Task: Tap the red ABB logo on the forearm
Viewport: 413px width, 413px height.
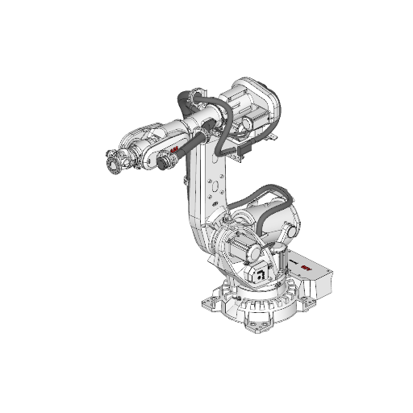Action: (174, 152)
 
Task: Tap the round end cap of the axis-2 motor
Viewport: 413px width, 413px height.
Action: (227, 242)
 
